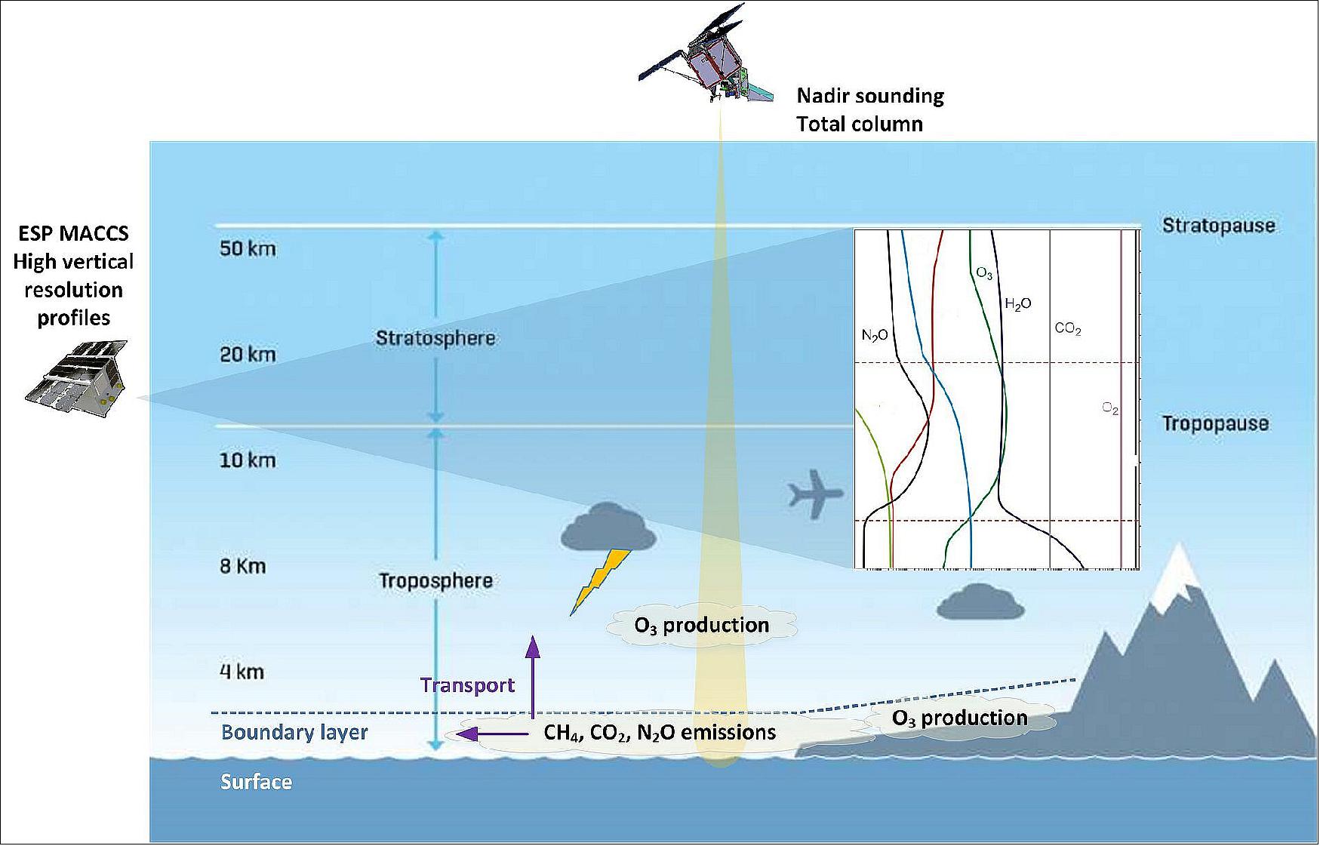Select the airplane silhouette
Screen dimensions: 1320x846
point(815,494)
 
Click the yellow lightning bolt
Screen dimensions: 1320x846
point(601,581)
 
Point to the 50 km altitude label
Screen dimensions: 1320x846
point(248,248)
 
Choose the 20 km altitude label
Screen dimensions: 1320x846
point(248,354)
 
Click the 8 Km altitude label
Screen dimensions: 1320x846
point(243,566)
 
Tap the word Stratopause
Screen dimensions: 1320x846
point(1218,226)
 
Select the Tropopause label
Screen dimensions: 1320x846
point(1215,423)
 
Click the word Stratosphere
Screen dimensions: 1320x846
point(435,337)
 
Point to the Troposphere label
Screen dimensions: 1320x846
point(435,580)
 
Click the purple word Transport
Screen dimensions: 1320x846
point(467,685)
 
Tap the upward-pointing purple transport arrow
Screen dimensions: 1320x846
point(533,676)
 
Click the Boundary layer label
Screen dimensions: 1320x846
point(294,732)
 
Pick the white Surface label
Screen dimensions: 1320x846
point(256,782)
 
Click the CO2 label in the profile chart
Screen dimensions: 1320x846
point(1068,329)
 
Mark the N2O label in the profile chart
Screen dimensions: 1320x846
point(875,335)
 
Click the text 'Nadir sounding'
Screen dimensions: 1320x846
point(870,96)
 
